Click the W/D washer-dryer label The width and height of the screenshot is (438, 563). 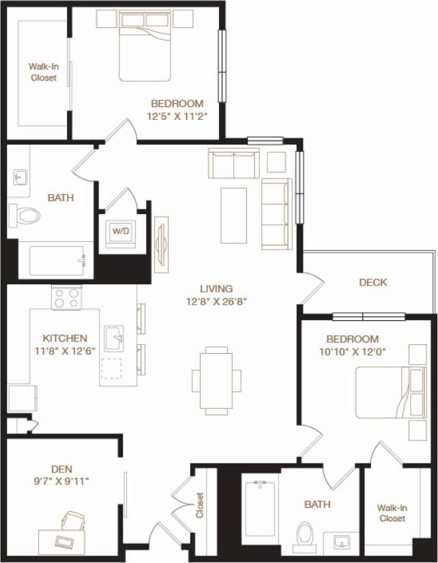[120, 231]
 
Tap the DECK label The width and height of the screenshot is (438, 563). [373, 282]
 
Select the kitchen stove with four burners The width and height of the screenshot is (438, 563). [67, 298]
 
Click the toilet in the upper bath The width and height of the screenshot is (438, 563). [26, 215]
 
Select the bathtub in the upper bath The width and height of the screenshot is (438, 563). [57, 260]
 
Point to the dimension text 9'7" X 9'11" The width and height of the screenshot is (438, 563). [61, 481]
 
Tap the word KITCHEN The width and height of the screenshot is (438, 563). [65, 338]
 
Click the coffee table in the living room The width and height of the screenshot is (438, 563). [233, 215]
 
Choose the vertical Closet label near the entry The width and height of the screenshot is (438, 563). [200, 505]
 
